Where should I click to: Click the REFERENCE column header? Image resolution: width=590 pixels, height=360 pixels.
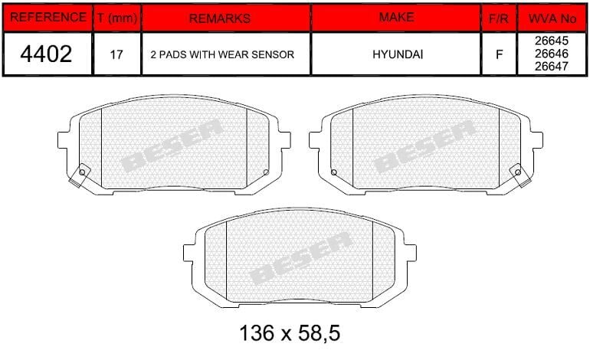pos(48,17)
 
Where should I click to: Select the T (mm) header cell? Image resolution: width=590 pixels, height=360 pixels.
pos(116,18)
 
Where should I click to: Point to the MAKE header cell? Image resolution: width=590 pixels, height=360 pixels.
pos(396,17)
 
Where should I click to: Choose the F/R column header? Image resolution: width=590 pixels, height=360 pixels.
pos(499,18)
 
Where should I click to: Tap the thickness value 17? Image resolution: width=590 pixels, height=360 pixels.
pos(116,55)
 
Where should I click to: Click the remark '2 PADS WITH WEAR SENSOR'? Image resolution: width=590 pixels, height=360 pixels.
pos(222,55)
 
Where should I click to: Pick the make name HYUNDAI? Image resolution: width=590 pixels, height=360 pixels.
pos(396,55)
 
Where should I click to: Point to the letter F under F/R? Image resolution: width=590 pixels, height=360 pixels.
pos(499,55)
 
